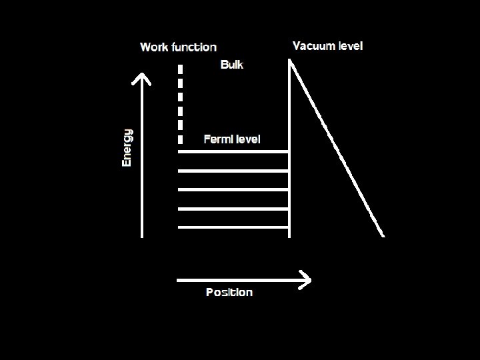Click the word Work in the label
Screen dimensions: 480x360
point(154,47)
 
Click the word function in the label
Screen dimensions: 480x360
point(194,47)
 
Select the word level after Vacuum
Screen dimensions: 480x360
point(351,46)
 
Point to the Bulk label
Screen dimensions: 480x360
point(232,65)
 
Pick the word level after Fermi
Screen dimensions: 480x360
point(247,139)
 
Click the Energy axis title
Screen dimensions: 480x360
point(127,147)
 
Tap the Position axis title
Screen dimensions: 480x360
point(229,292)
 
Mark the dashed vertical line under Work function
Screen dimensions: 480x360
point(180,103)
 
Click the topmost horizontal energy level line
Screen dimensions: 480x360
point(233,152)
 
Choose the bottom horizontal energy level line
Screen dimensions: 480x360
point(233,227)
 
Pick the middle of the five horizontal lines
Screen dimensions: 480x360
point(233,189)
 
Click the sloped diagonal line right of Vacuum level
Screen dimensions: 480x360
point(337,147)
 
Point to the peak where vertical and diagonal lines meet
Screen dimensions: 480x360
point(290,61)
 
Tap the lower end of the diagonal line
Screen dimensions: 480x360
point(383,235)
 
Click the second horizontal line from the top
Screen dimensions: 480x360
point(233,171)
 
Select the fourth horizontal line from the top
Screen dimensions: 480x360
point(233,209)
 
